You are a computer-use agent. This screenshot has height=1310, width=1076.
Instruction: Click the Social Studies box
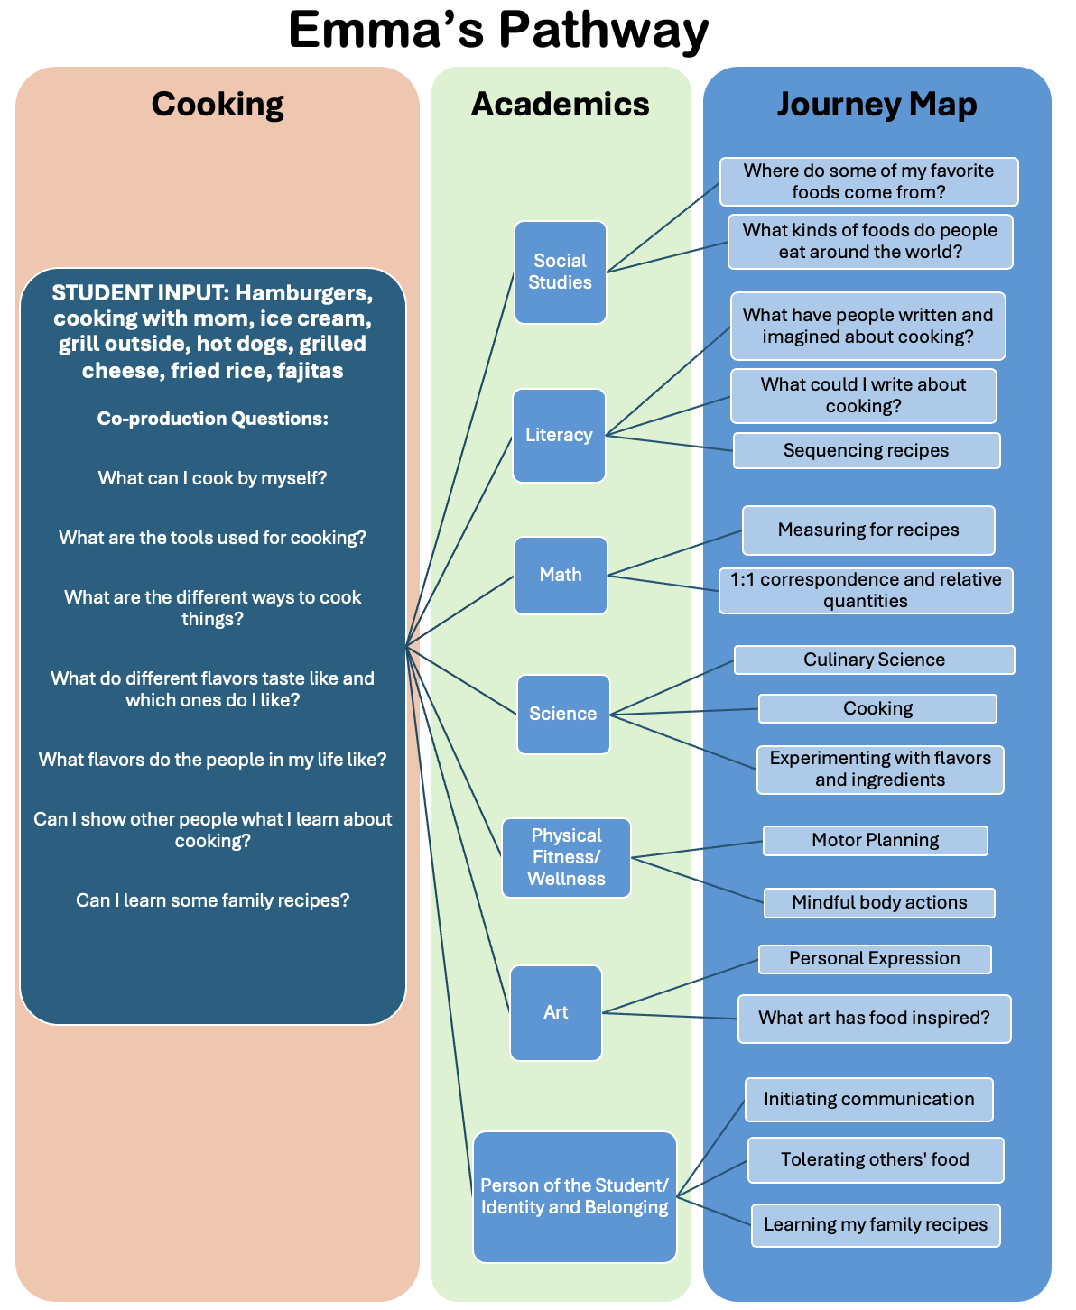(560, 272)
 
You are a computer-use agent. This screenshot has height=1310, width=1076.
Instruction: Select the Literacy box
(559, 435)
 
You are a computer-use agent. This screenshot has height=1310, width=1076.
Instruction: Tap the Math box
(561, 575)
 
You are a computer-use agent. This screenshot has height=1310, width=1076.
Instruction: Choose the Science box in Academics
(563, 714)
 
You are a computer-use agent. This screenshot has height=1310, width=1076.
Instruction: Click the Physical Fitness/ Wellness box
(566, 857)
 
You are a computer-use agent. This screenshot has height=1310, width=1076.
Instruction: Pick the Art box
(555, 1012)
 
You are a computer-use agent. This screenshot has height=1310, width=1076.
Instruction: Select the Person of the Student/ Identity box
(574, 1196)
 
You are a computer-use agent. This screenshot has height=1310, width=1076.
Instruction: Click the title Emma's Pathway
(498, 30)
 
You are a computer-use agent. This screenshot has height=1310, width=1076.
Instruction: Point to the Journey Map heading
(877, 105)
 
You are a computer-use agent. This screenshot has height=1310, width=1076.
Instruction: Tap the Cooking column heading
(218, 105)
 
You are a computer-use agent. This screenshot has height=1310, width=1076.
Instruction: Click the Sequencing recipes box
(867, 450)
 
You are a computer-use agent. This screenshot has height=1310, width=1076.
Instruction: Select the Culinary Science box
(874, 660)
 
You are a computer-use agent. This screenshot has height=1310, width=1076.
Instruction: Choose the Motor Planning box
(875, 840)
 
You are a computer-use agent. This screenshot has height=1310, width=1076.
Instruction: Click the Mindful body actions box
(879, 902)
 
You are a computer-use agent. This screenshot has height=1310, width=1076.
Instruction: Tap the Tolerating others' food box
(875, 1159)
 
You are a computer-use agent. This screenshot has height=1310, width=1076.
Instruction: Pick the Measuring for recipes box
(868, 530)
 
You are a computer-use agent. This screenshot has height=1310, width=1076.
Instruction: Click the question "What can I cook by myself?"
(212, 478)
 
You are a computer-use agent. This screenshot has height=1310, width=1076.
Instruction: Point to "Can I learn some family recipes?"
(212, 900)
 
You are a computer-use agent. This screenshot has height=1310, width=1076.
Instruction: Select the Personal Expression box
(874, 958)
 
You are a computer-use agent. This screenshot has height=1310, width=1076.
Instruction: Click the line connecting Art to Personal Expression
(680, 986)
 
